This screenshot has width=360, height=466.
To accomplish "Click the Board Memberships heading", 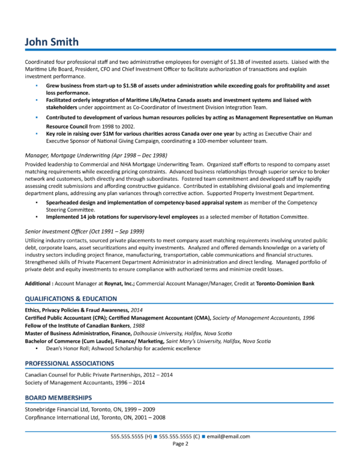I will point(58,398).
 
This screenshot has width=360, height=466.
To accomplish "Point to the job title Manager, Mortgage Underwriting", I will point(95,155).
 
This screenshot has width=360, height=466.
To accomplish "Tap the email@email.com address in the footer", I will point(229,436).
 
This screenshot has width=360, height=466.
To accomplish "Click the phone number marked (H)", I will point(131,436).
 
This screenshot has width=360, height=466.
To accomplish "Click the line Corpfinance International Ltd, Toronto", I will point(95,417).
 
